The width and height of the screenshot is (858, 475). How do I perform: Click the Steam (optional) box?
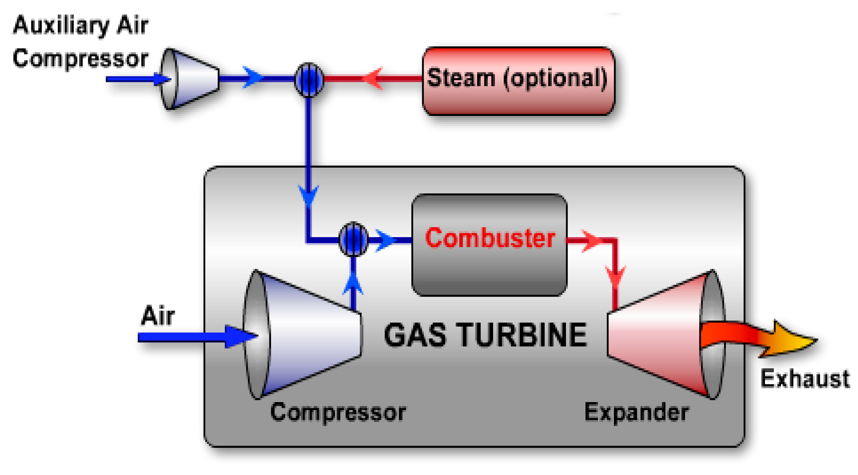pyautogui.click(x=518, y=81)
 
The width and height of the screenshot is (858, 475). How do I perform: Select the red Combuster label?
pyautogui.click(x=490, y=238)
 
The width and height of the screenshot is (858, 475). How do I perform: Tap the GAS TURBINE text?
pyautogui.click(x=485, y=335)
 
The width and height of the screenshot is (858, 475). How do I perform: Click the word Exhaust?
pyautogui.click(x=805, y=379)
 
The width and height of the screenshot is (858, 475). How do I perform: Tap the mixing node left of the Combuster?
pyautogui.click(x=353, y=239)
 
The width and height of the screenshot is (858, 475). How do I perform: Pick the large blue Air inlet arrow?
pyautogui.click(x=196, y=337)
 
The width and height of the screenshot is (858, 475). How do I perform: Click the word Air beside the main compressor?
pyautogui.click(x=157, y=315)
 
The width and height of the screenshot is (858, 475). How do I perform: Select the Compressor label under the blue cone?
pyautogui.click(x=338, y=412)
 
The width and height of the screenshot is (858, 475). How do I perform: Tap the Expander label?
pyautogui.click(x=636, y=412)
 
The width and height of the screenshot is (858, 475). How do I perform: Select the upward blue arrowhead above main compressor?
pyautogui.click(x=353, y=283)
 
